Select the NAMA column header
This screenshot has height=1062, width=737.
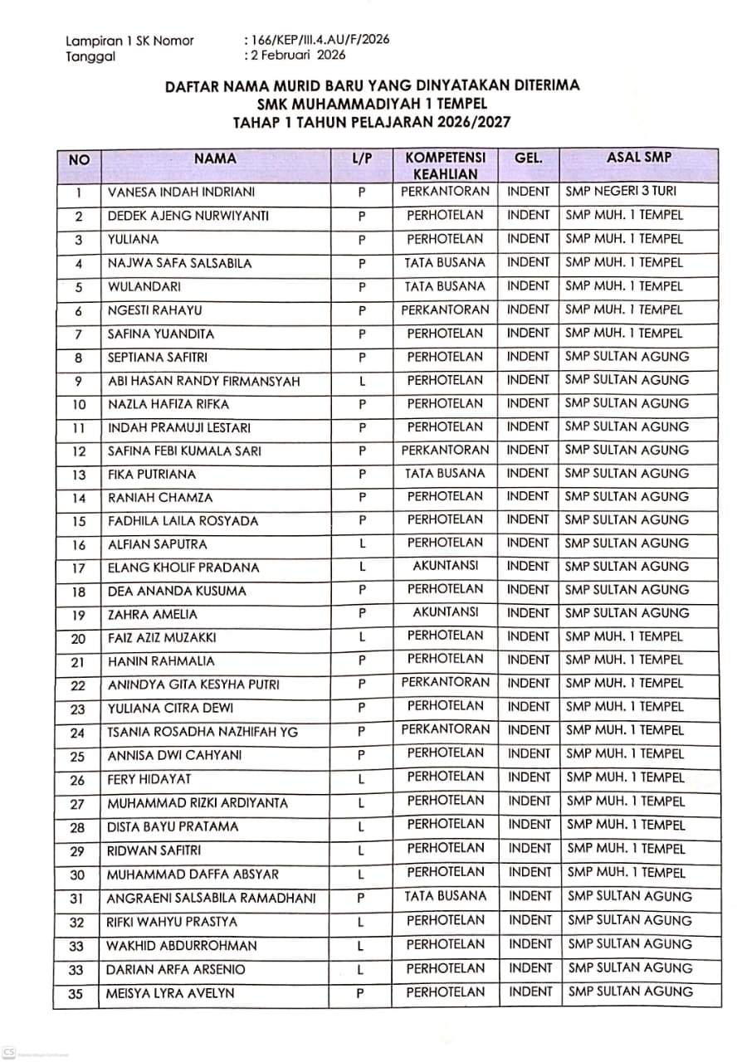215,158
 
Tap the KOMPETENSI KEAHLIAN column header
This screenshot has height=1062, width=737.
445,165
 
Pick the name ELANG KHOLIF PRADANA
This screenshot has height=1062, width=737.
183,568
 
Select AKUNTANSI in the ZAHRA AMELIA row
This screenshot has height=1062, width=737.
445,612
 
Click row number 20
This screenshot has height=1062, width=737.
79,638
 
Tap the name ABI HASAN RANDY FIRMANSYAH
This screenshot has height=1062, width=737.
204,381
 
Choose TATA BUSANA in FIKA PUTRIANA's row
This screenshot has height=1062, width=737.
445,473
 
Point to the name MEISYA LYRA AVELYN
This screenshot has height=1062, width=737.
171,993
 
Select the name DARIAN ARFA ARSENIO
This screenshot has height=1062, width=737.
176,969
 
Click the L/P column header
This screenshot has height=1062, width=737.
362,158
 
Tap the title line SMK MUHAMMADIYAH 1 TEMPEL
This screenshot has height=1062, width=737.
372,103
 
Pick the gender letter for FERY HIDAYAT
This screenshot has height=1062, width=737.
362,779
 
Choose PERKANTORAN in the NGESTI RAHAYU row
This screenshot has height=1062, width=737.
445,309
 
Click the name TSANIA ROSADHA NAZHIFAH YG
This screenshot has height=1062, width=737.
203,732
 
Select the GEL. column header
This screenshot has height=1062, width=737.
529,158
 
